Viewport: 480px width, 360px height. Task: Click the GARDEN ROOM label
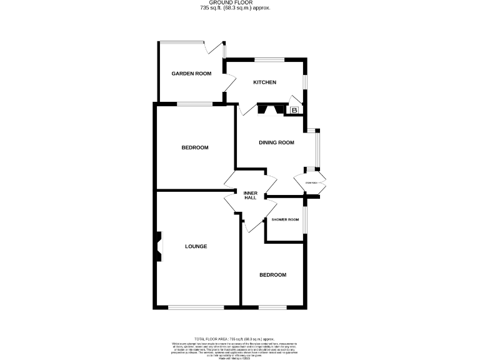pos(191,74)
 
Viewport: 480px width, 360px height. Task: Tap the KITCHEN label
pos(264,82)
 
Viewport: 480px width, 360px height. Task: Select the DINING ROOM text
pos(276,142)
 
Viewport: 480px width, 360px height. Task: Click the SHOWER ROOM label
pos(285,220)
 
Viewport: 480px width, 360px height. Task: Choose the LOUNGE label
pos(196,246)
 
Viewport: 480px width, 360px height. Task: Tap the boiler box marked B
pos(295,111)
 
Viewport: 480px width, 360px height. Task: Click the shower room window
pos(304,219)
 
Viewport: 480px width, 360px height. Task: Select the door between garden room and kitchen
pos(229,82)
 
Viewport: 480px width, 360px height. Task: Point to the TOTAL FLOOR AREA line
pos(239,337)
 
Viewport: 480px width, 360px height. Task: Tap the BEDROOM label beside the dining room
pos(194,147)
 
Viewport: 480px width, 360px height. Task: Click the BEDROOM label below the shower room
pos(273,275)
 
